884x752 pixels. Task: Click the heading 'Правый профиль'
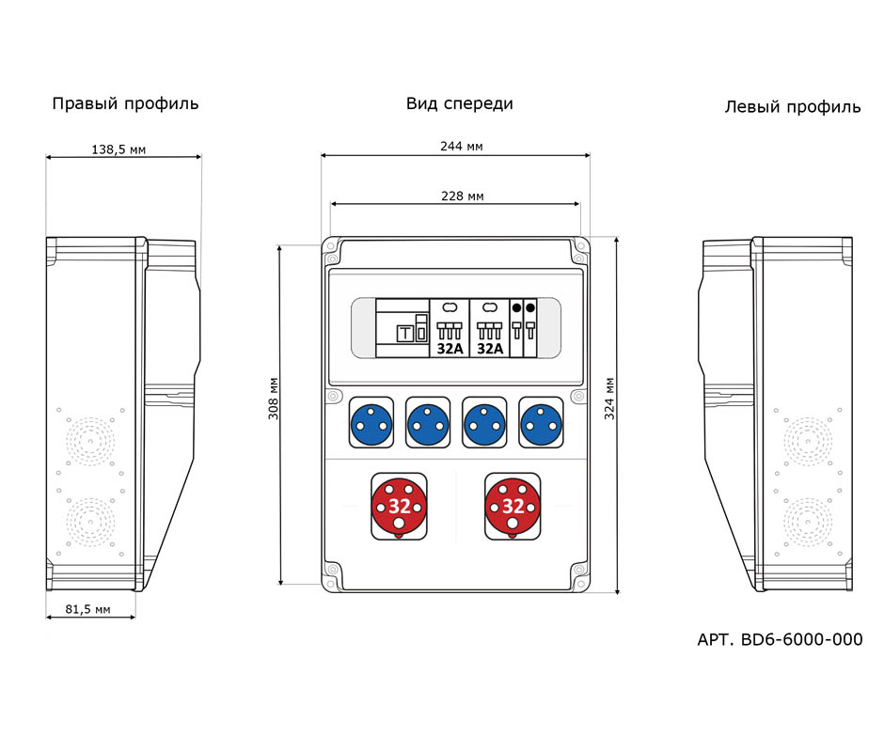click(125, 103)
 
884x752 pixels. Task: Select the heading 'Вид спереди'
click(459, 103)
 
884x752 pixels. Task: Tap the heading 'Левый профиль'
click(792, 107)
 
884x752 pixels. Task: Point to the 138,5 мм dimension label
click(124, 149)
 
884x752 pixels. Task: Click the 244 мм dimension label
click(461, 147)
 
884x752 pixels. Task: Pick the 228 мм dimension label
click(462, 196)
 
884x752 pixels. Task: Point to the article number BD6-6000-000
click(780, 640)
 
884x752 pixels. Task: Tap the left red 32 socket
click(399, 506)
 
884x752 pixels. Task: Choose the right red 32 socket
click(513, 506)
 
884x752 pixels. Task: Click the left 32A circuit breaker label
click(450, 348)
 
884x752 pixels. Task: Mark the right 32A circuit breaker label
click(490, 348)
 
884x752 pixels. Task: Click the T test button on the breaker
click(405, 333)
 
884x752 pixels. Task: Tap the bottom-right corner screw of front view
click(577, 570)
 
